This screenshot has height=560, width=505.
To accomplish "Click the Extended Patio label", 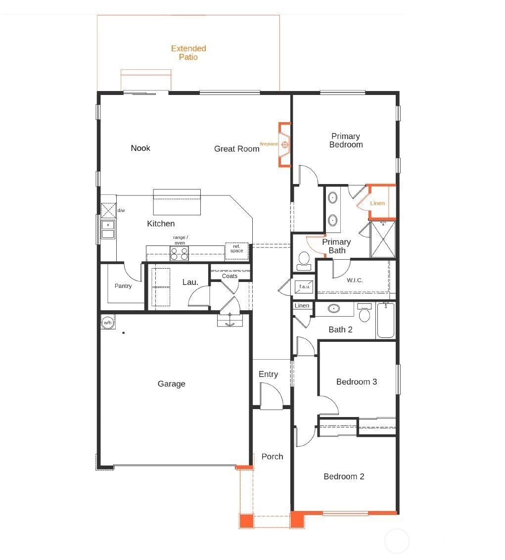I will [188, 53].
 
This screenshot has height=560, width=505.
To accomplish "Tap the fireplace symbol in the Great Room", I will [285, 144].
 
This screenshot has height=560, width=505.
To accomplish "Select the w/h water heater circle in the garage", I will [107, 323].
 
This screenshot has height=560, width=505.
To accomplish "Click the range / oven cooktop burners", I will [179, 253].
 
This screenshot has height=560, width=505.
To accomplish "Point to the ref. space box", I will [236, 251].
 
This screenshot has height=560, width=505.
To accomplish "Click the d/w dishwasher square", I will [108, 210].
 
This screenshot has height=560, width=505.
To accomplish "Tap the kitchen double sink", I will [107, 229].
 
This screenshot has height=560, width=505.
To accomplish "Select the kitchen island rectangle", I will [177, 202].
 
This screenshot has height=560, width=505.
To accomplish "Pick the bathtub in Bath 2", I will [385, 321].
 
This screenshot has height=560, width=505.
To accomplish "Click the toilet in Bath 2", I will [365, 314].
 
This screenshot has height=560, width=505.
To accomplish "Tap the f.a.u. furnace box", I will [303, 286].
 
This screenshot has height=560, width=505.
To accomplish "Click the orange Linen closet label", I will [377, 203].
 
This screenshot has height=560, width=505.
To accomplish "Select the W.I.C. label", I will [355, 280].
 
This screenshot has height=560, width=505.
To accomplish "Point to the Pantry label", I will [123, 286].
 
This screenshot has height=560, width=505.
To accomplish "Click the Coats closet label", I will [230, 276].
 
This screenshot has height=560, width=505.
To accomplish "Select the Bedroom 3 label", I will [356, 382].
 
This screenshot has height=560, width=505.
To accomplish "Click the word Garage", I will [171, 384].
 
